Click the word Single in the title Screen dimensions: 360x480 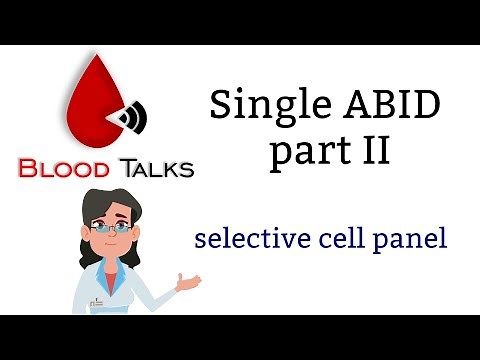pos(255,104)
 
